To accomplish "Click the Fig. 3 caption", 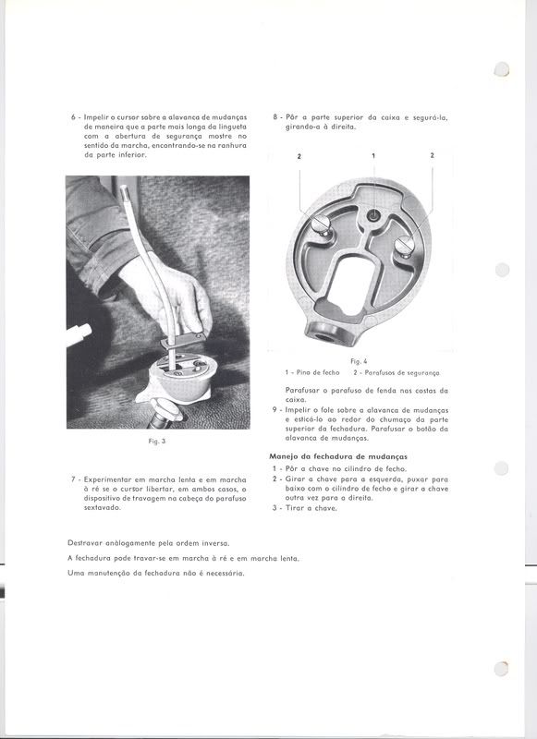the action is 156,442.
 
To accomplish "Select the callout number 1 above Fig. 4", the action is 373,155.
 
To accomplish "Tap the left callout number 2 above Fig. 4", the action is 299,155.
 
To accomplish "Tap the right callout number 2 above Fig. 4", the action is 432,155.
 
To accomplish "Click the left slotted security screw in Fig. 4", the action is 320,224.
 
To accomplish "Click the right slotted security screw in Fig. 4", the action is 405,245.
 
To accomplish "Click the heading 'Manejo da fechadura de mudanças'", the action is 338,456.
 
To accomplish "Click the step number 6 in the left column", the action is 73,117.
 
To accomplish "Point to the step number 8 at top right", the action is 275,117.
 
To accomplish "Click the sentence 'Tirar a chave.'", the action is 311,508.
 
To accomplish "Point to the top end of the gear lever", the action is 124,188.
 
